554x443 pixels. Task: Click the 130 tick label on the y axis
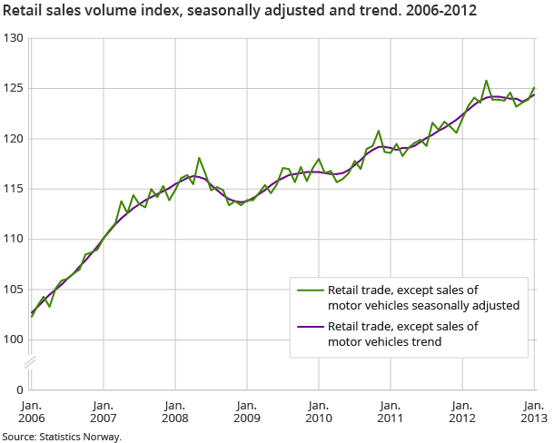tap(14, 39)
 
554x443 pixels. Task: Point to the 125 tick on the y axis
tap(14, 89)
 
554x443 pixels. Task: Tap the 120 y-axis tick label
tap(14, 139)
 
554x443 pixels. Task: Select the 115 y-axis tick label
tap(14, 189)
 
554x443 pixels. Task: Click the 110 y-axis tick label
tap(14, 240)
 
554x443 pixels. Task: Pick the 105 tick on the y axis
tap(14, 290)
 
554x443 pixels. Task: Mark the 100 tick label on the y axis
tap(14, 340)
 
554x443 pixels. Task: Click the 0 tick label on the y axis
tap(19, 389)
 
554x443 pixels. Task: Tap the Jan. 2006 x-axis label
tap(31, 411)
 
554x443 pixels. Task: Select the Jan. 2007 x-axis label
tap(103, 411)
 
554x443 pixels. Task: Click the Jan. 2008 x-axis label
tap(174, 411)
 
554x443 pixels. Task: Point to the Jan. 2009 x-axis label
tap(246, 411)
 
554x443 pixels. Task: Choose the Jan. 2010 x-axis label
tap(318, 411)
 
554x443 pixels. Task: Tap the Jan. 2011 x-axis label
tap(390, 411)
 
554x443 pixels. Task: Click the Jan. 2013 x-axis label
tap(533, 411)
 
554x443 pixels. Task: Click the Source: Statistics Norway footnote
tap(61, 437)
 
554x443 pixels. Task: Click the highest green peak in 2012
tap(486, 80)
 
